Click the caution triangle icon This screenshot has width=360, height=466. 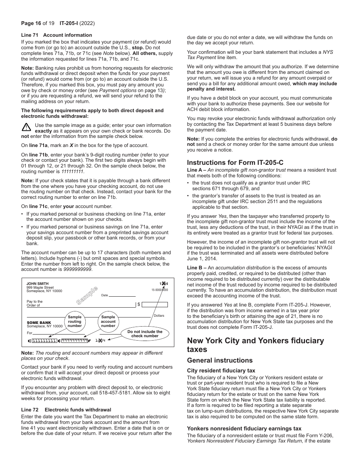26,127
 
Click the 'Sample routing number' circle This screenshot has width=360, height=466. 75,322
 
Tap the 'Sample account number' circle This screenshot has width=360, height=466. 108,322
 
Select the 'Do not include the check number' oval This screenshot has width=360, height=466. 145,333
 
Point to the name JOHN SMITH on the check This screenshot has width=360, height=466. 38,284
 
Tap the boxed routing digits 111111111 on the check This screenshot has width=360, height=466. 44,341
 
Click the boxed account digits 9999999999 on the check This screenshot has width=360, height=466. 74,341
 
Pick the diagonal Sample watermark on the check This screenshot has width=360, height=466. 87,296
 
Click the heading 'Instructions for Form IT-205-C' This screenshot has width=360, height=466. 235,163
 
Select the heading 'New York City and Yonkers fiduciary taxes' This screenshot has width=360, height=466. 255,344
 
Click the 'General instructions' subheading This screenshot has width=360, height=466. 219,360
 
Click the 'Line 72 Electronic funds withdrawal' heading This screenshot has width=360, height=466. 66,410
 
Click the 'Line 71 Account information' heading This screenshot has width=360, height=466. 56,35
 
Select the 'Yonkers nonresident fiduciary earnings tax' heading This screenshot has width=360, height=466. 244,428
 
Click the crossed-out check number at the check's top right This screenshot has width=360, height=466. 163,284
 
